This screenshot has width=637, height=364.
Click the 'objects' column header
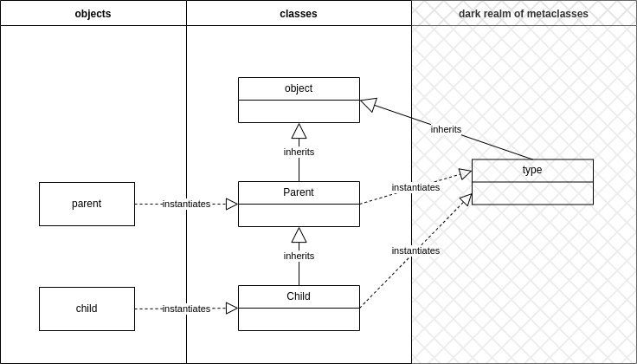pos(93,13)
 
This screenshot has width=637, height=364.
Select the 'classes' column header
pos(299,13)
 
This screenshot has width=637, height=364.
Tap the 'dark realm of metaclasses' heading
pos(524,13)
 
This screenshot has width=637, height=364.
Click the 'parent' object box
pos(87,204)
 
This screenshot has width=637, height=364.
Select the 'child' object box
pos(87,309)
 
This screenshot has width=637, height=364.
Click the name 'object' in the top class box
pos(299,88)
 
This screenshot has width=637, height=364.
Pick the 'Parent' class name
pos(299,192)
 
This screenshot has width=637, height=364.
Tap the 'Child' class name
pos(299,296)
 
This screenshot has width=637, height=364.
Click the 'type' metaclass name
pos(532,170)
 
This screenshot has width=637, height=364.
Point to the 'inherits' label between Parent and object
pos(299,152)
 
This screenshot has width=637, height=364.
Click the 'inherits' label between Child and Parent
pos(299,256)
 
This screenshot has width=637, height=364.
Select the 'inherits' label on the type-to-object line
pos(446,129)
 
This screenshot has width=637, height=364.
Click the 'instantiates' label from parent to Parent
pos(186,204)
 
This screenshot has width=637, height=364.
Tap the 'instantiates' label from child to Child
pos(186,309)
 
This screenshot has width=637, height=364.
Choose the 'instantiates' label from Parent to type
pos(415,187)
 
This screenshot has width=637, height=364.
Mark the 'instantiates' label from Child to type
pos(415,250)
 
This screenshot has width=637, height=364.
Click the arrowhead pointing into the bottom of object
pos(299,131)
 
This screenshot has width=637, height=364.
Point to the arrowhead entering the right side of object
pos(369,104)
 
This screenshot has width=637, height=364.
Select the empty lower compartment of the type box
pos(532,193)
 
